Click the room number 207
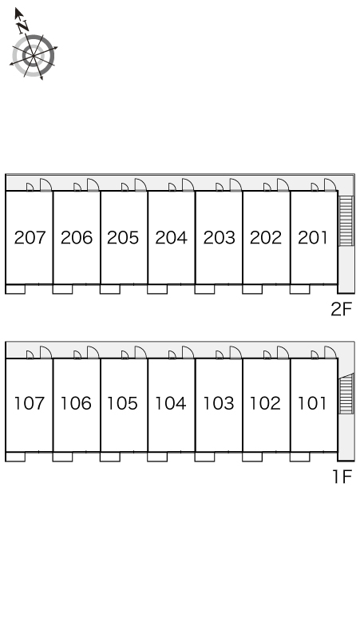coord(30,238)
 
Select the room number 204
coord(172,238)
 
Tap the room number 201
coord(313,238)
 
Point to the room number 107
coord(30,403)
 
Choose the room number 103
coord(219,403)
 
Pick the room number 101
coord(312,403)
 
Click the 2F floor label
coord(341,309)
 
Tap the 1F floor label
coord(342,477)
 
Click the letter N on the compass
coord(23,26)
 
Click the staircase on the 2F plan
coord(346,220)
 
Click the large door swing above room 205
coord(140,184)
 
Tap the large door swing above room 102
coord(283,352)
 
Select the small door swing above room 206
coord(77,187)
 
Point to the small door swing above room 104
coord(172,355)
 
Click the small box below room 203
coord(205,289)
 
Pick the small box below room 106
coord(62,457)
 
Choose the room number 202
coord(266,238)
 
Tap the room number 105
coord(122,403)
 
